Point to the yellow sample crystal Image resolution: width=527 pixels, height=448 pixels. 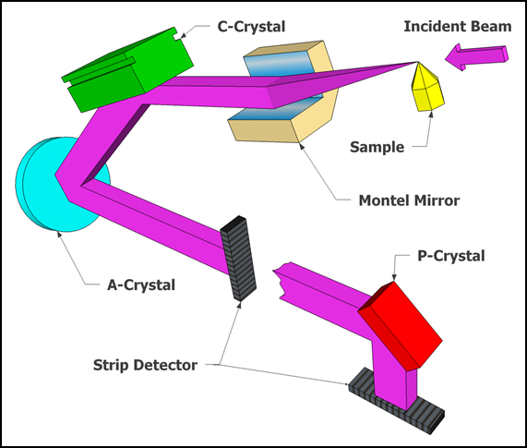click(427, 88)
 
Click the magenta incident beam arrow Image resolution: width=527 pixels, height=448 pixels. click(476, 57)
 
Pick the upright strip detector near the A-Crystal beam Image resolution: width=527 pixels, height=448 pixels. click(239, 259)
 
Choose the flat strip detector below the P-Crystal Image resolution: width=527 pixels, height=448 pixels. click(397, 400)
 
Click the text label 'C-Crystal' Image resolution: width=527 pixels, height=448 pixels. click(251, 27)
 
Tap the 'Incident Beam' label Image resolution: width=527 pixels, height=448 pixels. click(458, 26)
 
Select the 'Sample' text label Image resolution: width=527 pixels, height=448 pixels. click(377, 147)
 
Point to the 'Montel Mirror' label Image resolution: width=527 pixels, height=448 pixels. click(409, 200)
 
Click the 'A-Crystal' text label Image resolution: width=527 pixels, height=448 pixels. click(141, 285)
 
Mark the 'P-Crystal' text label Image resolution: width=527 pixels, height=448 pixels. click(451, 256)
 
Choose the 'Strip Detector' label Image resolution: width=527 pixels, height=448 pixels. click(145, 365)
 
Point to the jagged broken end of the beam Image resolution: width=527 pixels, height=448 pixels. click(281, 281)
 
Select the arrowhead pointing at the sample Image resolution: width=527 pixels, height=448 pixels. click(430, 115)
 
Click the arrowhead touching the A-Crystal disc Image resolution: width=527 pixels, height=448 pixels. click(59, 234)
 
